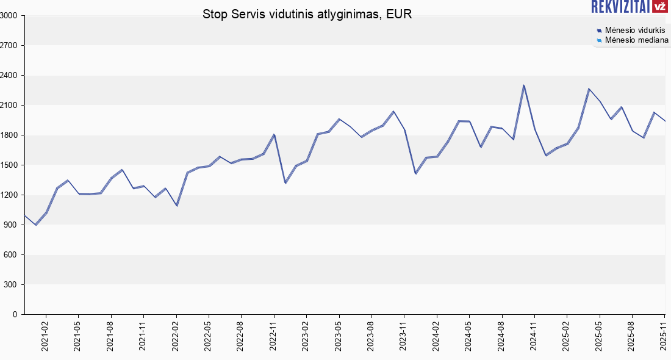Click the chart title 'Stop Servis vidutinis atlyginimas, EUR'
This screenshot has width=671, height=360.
pyautogui.click(x=307, y=14)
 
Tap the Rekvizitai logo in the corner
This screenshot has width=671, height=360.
pyautogui.click(x=629, y=7)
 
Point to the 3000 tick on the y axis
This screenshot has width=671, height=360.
pyautogui.click(x=10, y=16)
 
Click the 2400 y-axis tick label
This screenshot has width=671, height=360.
pyautogui.click(x=10, y=76)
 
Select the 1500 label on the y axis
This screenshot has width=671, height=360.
pyautogui.click(x=10, y=165)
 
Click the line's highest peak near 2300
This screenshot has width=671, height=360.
pyautogui.click(x=523, y=85)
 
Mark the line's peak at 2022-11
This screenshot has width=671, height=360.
pyautogui.click(x=274, y=134)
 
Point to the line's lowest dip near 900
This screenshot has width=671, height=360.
pyautogui.click(x=36, y=225)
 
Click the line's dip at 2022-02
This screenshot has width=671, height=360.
pyautogui.click(x=177, y=205)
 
